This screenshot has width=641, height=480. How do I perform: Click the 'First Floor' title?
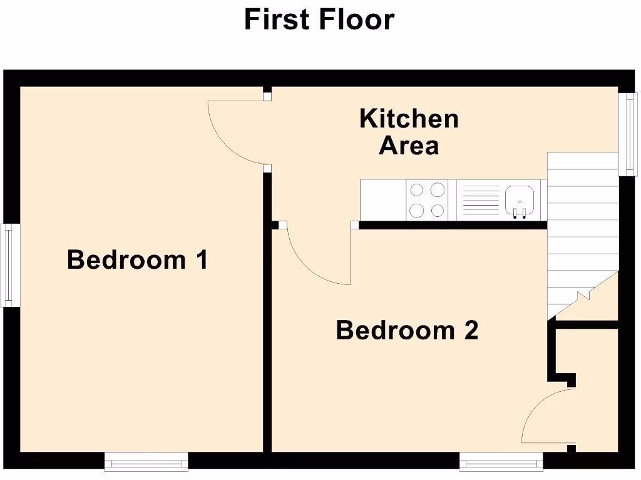tap(319, 19)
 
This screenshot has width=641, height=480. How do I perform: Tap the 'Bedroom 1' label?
tap(137, 259)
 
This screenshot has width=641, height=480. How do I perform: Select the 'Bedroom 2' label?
tap(407, 329)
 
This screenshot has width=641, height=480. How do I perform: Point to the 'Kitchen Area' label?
tap(409, 132)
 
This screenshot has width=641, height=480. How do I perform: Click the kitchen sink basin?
tap(519, 198)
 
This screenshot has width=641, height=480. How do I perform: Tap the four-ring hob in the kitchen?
tap(427, 200)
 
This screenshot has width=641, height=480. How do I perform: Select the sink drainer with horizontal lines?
tap(479, 200)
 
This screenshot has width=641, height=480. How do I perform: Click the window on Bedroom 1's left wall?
tap(8, 266)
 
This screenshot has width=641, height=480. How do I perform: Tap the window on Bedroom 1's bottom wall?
tap(146, 462)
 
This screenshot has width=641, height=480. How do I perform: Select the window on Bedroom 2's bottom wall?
tap(501, 462)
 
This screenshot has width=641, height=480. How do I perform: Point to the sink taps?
tap(519, 213)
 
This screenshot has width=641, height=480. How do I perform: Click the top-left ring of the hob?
tap(418, 189)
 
